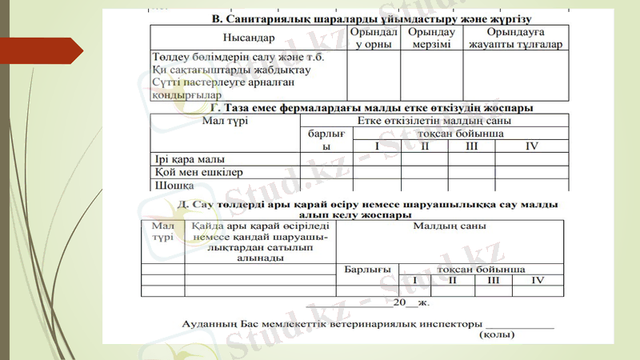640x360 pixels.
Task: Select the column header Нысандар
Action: pyautogui.click(x=247, y=38)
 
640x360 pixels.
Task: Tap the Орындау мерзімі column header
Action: pyautogui.click(x=431, y=38)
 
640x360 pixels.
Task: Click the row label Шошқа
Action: pyautogui.click(x=174, y=185)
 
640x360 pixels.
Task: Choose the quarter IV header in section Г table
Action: pyautogui.click(x=532, y=146)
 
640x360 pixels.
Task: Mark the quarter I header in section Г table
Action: pyautogui.click(x=377, y=146)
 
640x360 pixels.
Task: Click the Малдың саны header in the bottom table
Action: pyautogui.click(x=450, y=226)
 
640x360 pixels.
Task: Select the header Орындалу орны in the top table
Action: pyautogui.click(x=373, y=38)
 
